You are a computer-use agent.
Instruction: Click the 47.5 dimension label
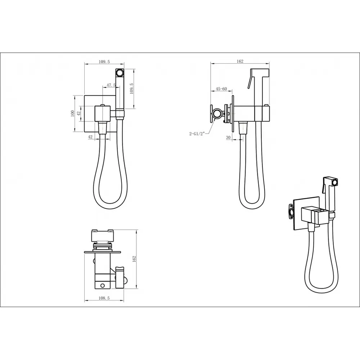click(x=111, y=85)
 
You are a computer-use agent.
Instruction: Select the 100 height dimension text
click(x=73, y=113)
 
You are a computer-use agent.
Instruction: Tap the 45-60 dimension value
click(x=221, y=89)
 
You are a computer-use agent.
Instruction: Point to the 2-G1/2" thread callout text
click(x=197, y=134)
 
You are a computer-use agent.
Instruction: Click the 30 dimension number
click(x=228, y=137)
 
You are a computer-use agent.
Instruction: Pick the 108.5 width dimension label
click(x=104, y=298)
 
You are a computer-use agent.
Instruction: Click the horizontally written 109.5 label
click(x=104, y=62)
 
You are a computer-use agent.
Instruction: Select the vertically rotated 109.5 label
click(x=131, y=89)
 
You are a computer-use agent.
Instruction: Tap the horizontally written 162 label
click(x=240, y=61)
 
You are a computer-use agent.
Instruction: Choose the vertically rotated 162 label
click(x=135, y=259)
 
